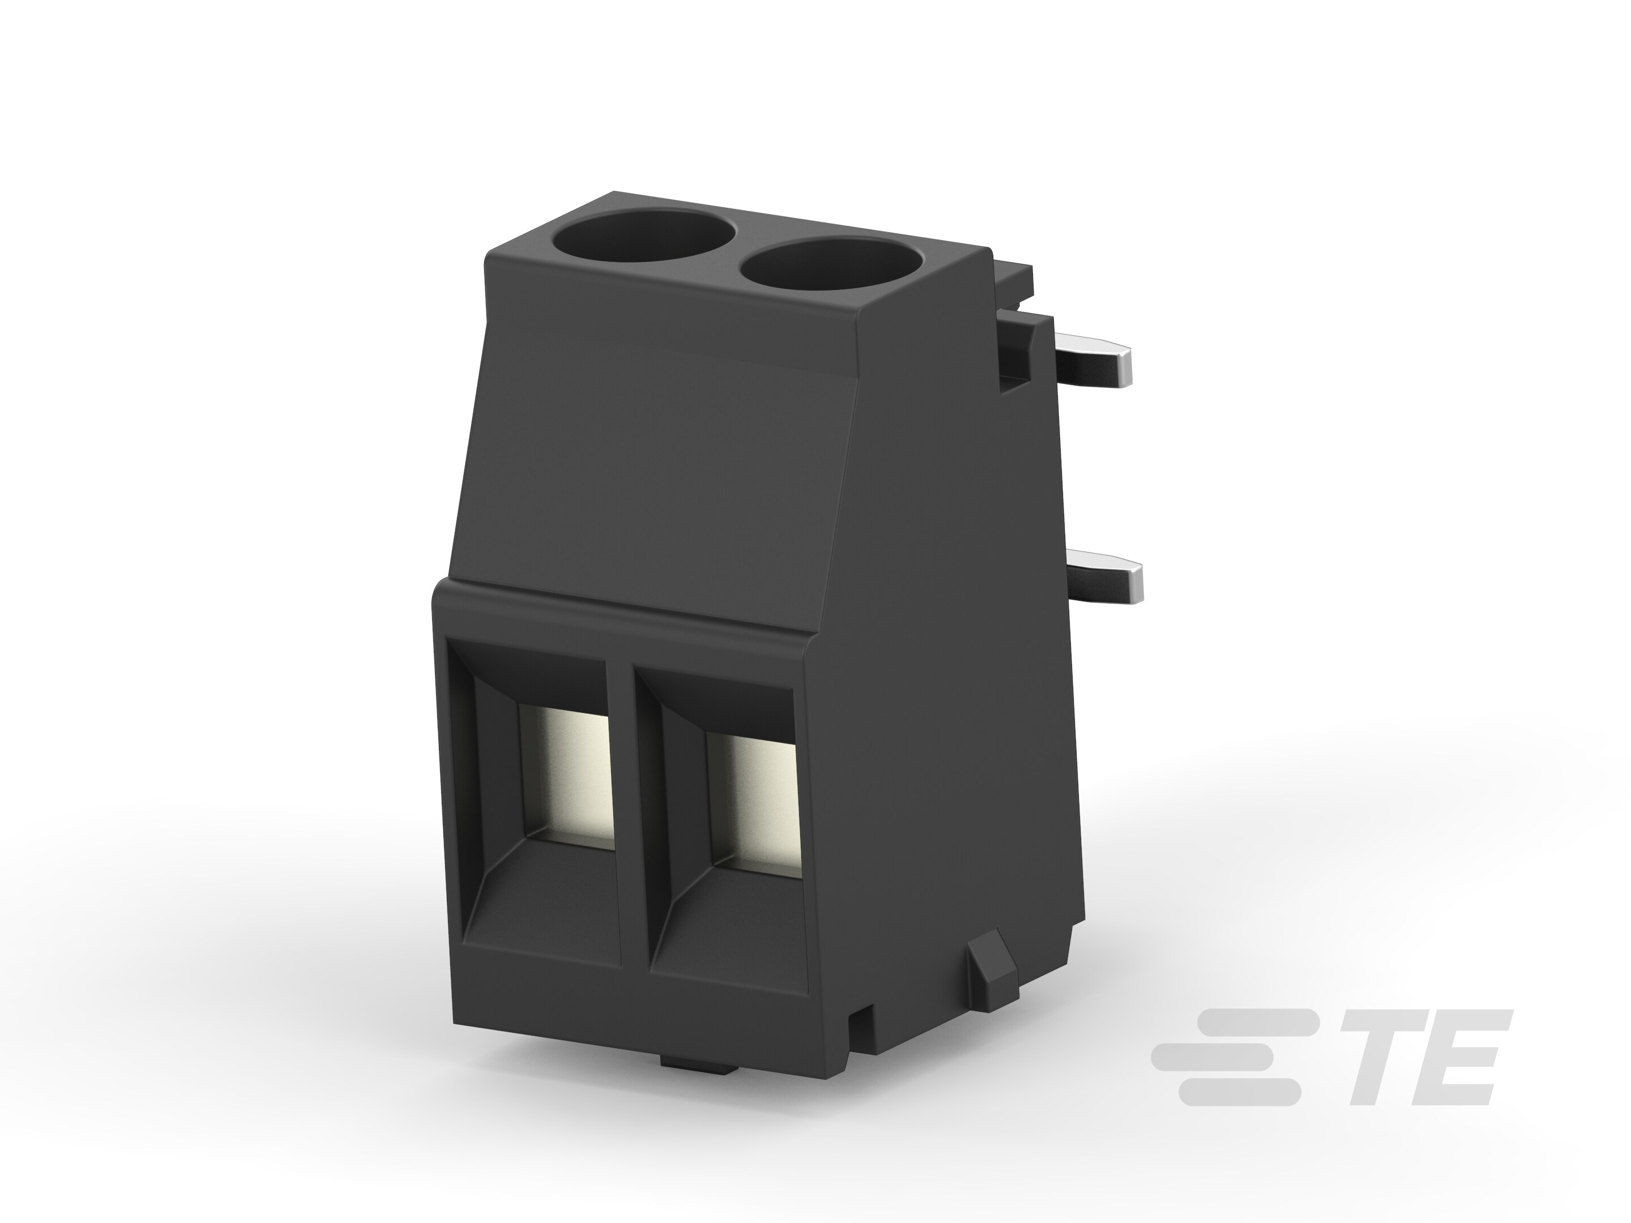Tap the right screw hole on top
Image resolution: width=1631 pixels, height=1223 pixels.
tap(830, 271)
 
